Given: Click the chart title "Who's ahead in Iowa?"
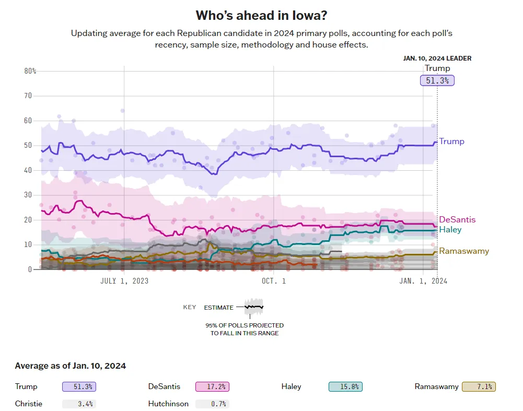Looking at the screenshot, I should coord(261,15).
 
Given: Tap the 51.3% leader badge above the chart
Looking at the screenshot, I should coord(437,80).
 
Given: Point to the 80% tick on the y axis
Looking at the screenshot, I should coord(30,71).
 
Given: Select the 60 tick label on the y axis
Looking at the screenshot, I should coord(28,121).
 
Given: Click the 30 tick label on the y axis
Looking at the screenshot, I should coord(28,195).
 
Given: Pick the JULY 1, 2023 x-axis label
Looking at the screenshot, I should coord(124,281).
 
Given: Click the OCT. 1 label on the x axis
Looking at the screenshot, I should coord(273,281).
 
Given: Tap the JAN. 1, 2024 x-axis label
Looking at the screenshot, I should coord(423,281).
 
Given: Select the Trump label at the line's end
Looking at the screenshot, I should coord(451,142).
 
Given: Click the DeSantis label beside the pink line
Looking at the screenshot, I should coord(457,220).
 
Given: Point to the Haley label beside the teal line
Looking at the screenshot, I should coord(450,230).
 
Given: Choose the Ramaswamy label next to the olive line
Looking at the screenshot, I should coord(464,251).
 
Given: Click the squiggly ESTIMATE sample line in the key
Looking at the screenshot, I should coord(254,307).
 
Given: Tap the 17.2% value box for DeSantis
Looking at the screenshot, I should coord(212,387).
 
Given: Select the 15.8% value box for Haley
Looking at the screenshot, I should coord(345,387).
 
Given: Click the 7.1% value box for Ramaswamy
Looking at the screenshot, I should coord(479,387).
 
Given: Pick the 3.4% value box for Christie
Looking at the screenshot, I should coord(79,404).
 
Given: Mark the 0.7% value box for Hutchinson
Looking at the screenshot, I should coord(212,404).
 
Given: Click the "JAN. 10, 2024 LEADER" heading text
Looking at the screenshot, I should coord(437,58).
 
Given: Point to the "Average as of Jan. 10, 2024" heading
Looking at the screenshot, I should coord(71,366).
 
